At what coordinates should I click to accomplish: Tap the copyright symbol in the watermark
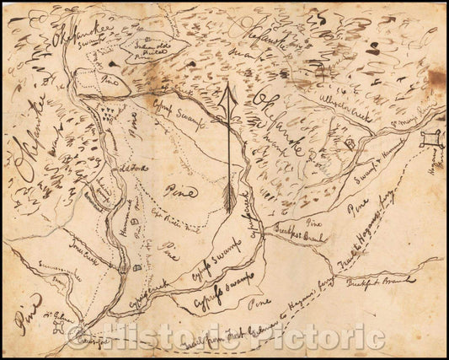79,336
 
